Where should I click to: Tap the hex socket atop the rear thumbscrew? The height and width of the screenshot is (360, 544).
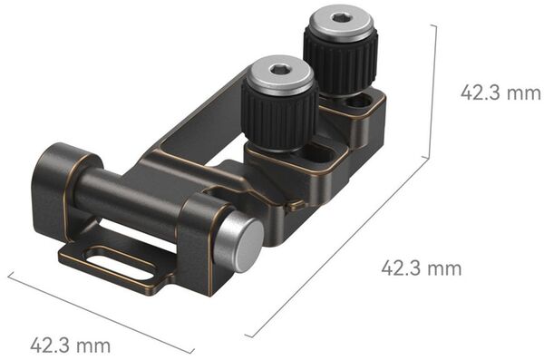(x=340, y=17)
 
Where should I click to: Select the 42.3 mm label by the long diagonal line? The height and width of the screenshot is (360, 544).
(x=420, y=268)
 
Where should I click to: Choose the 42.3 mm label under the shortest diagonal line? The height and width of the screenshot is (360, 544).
(x=70, y=345)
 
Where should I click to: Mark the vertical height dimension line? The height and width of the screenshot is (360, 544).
(x=436, y=91)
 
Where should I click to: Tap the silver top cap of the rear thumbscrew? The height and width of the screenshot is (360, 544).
(x=340, y=24)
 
